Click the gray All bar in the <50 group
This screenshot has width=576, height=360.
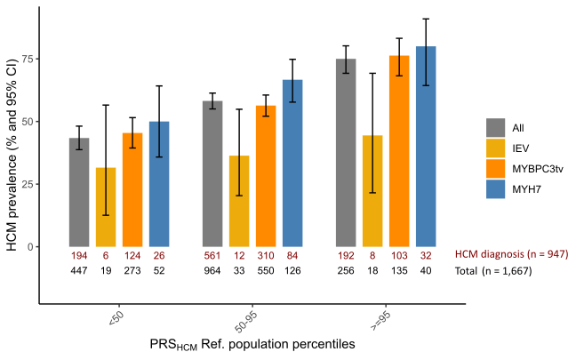pos(79,192)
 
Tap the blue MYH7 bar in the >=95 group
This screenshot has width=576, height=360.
pos(426,147)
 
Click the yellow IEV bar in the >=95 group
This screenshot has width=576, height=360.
pos(372,191)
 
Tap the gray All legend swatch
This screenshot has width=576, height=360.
pos(495,128)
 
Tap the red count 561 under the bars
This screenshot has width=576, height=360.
pos(212,254)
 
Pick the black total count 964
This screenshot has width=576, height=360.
pos(212,269)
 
